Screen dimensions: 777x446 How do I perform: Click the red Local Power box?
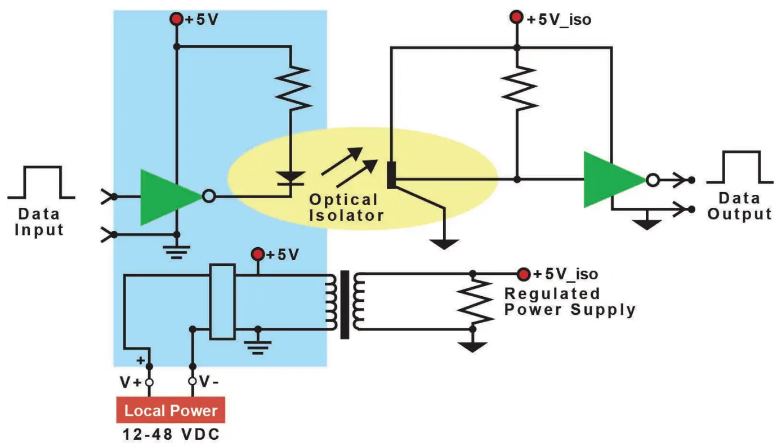coord(171,410)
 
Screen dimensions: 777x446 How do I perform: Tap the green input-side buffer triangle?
coord(171,197)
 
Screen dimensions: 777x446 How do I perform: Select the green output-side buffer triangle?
coord(614,180)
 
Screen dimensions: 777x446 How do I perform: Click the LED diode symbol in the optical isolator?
coord(291,179)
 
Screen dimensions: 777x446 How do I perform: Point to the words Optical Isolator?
coord(346,207)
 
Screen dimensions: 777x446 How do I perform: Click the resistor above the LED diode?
coord(292,89)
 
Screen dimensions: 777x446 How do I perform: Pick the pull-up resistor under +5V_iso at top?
coord(519,88)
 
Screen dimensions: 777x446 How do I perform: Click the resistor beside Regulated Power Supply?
coord(475,301)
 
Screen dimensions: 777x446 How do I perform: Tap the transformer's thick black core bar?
coord(344,305)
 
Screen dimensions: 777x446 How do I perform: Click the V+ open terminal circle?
coord(149,382)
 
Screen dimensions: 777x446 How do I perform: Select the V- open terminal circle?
coord(193,381)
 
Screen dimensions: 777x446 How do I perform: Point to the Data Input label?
coord(39,222)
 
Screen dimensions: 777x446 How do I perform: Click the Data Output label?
coord(739,206)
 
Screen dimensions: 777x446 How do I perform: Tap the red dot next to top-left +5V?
coord(176,19)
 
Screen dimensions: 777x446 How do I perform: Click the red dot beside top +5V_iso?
coord(516,17)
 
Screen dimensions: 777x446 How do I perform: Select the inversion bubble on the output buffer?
coord(653,180)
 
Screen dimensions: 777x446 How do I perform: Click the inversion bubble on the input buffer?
coord(208,197)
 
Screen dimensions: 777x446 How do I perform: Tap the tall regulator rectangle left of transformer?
coord(222,301)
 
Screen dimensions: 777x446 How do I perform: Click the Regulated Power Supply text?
coord(570,302)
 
